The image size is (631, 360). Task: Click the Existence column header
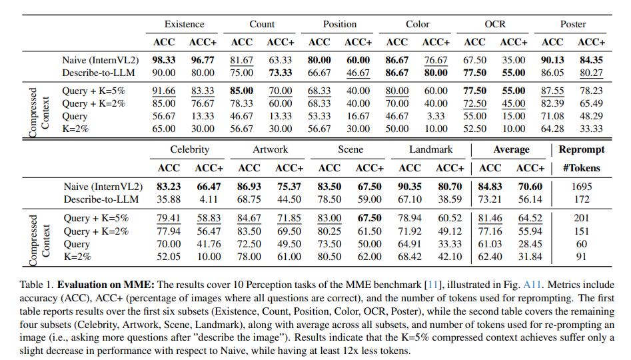pos(185,24)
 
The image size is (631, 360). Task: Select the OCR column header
pos(495,24)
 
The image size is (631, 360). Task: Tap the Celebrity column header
pos(190,150)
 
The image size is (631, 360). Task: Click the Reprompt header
pos(582,150)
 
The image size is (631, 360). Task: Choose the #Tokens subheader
pos(582,168)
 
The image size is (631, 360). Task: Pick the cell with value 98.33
pos(164,60)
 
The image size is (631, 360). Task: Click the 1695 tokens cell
pos(582,187)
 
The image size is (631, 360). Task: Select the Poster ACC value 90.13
pos(552,60)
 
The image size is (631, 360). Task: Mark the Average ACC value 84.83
pos(490,187)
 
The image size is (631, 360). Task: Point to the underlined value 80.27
pos(591,72)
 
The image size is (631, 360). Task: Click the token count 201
pos(582,218)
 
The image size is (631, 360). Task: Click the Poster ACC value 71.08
pos(552,115)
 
